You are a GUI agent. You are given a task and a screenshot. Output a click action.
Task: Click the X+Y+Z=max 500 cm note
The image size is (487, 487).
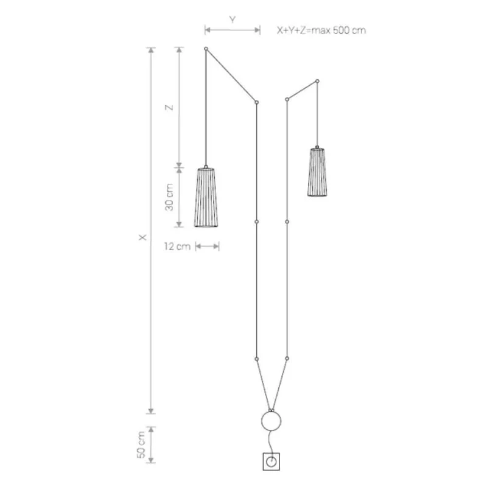point(321,30)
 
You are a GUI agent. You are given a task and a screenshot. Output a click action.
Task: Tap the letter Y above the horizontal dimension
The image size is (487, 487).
point(233,20)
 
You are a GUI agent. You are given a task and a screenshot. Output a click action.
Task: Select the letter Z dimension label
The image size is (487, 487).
point(169,108)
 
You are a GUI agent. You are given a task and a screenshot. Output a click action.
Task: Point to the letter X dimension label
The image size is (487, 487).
point(142,237)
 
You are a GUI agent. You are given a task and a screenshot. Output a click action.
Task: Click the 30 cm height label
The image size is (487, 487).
point(169,197)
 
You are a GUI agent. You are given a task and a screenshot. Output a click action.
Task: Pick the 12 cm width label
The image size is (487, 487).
point(177,247)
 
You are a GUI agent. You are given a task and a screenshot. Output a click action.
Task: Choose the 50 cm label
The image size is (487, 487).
point(141,444)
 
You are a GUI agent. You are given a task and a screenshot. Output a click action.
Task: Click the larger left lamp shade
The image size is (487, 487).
point(206,197)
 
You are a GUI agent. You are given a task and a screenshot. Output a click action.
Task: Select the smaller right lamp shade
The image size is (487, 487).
point(317,172)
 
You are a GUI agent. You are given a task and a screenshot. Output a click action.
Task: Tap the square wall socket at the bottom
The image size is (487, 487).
point(271,461)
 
